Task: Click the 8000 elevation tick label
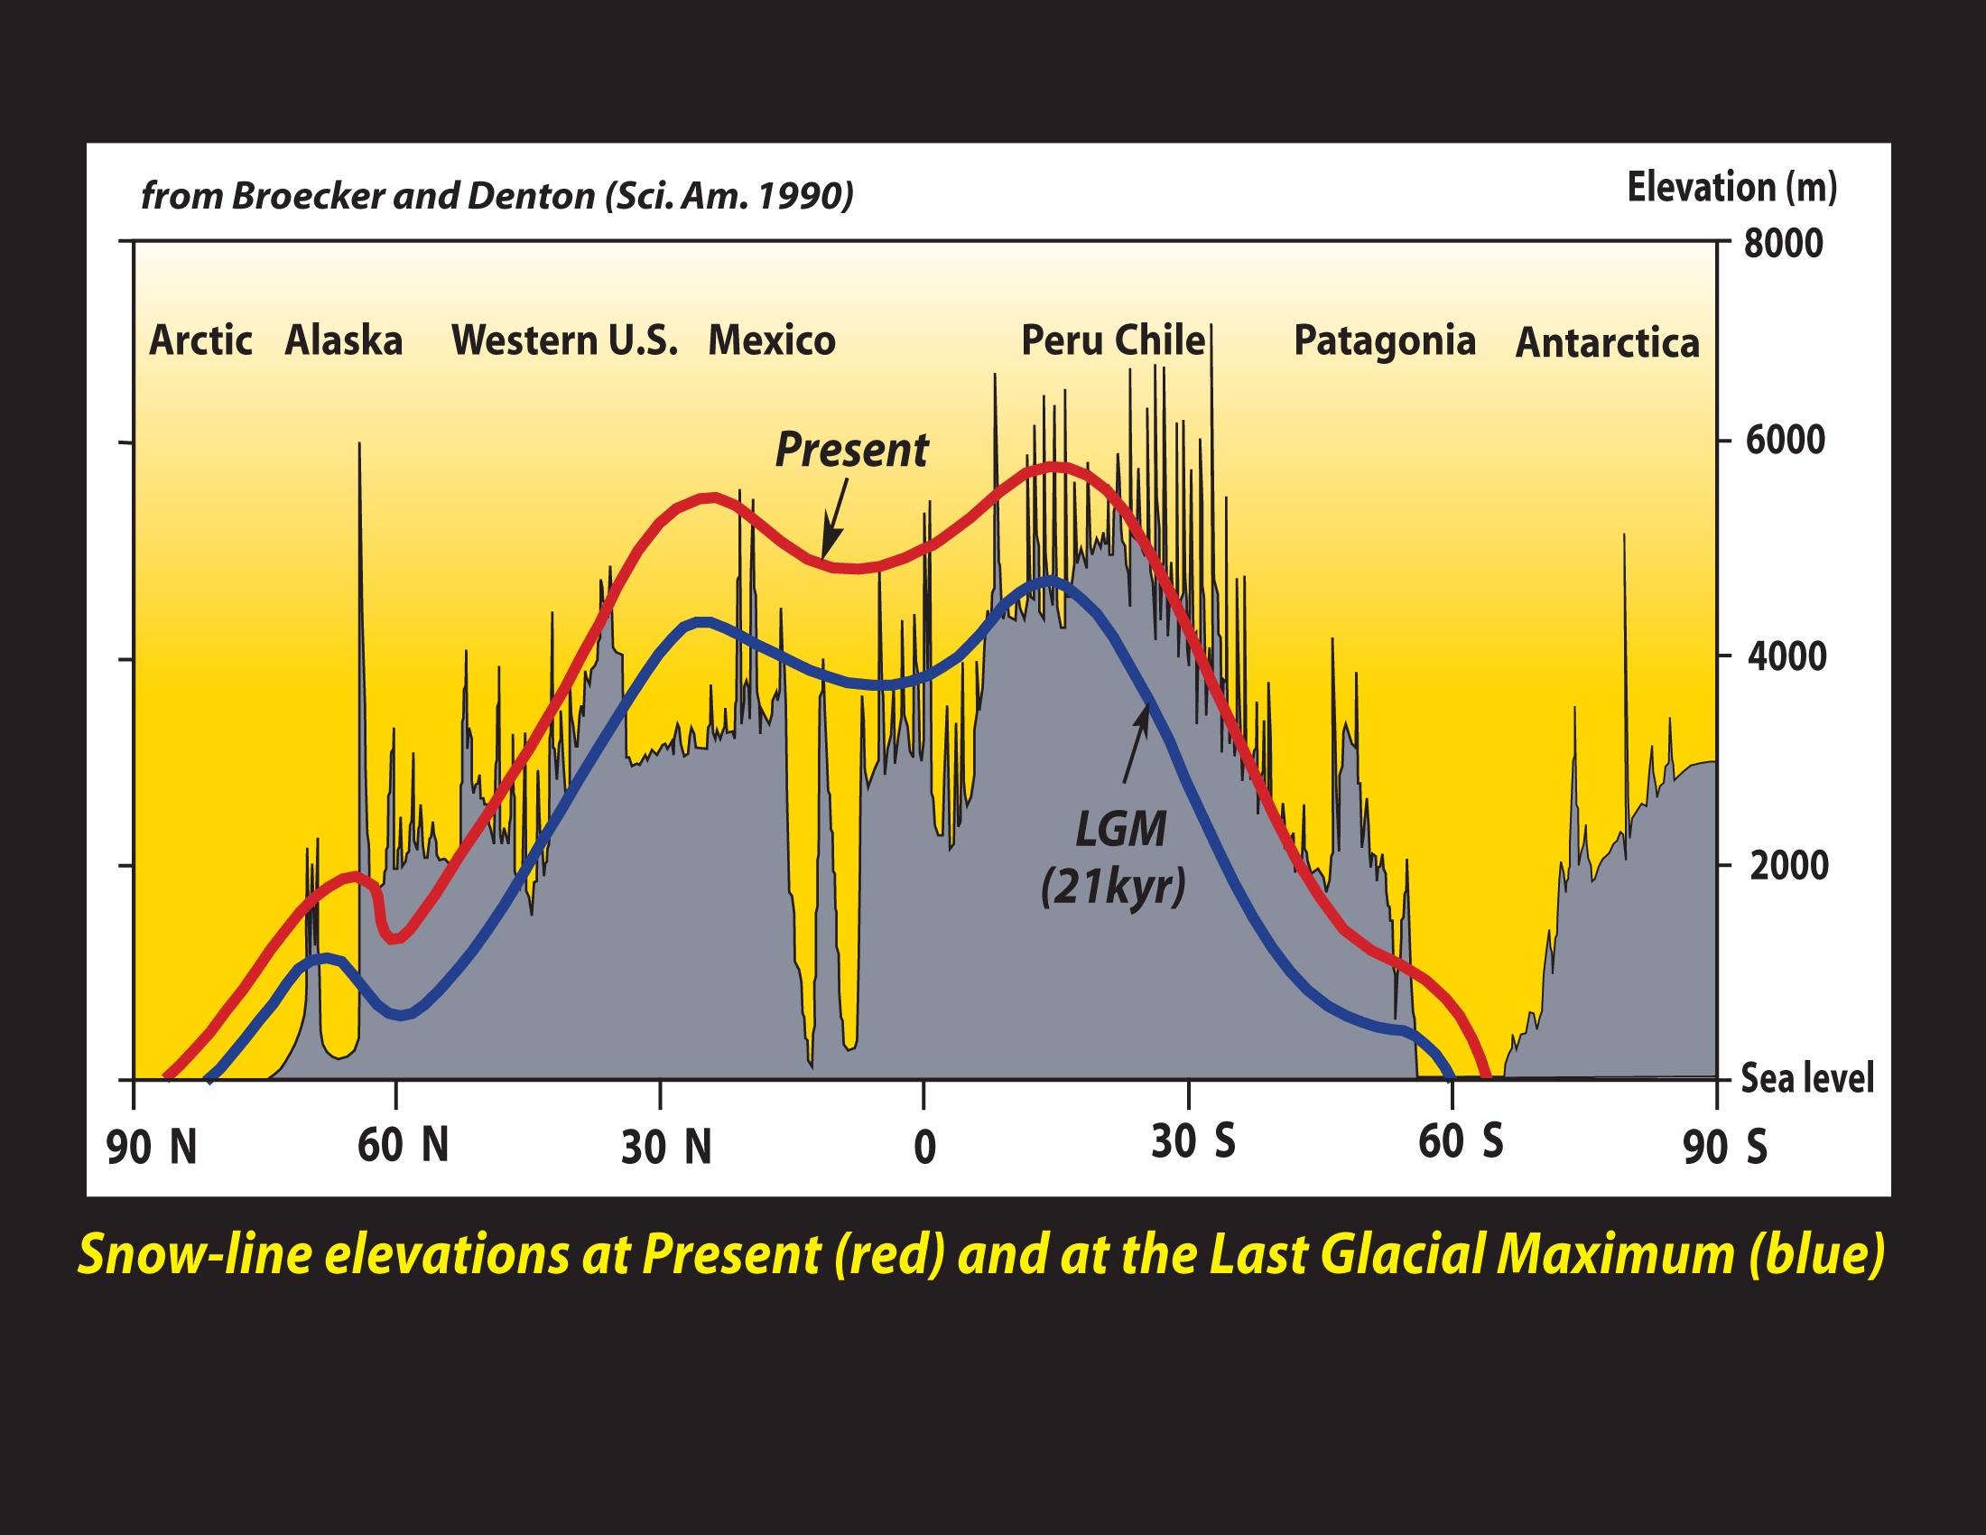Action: [x=1783, y=245]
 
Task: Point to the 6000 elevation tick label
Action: [x=1785, y=441]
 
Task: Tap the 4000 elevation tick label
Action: [x=1786, y=656]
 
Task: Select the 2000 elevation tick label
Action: [x=1787, y=866]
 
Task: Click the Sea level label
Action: [x=1807, y=1078]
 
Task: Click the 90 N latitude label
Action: [x=152, y=1148]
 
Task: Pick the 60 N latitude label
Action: [x=403, y=1145]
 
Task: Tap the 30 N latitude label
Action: [x=666, y=1148]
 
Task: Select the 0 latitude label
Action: [x=923, y=1149]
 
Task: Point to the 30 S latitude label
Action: [x=1193, y=1142]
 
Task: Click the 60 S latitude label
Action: [x=1461, y=1142]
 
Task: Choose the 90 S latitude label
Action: [x=1725, y=1148]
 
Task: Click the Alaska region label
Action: [x=344, y=341]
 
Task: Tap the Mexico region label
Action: [x=771, y=341]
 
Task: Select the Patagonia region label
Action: [x=1384, y=341]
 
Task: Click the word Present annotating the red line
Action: [x=851, y=451]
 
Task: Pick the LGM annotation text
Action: [x=1120, y=830]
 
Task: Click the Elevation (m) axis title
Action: [x=1731, y=188]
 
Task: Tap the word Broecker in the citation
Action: [x=309, y=197]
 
